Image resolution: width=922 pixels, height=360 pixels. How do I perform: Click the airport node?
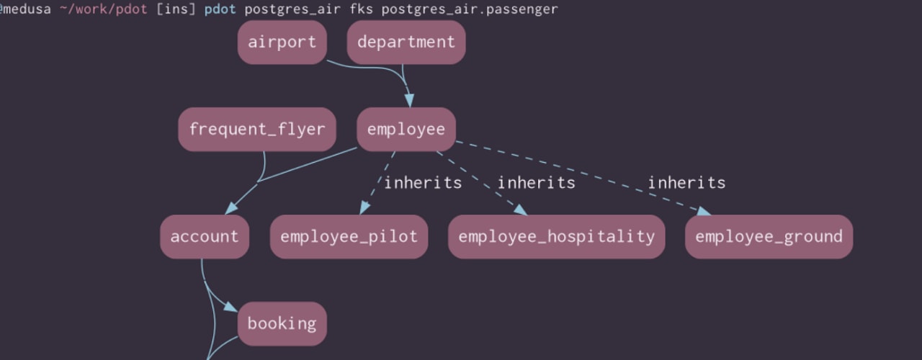tap(282, 42)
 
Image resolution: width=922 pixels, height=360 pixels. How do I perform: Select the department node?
tap(406, 42)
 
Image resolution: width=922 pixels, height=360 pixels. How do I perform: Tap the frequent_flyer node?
tap(257, 130)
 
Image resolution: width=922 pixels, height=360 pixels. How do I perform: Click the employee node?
tap(406, 130)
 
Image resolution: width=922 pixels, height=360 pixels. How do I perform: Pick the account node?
tap(205, 236)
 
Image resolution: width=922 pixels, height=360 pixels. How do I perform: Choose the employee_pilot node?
tap(349, 236)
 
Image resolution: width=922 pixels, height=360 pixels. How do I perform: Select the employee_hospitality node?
tap(556, 236)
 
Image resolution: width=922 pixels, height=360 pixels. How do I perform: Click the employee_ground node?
tap(769, 236)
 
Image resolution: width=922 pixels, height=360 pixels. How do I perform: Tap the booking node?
tap(282, 323)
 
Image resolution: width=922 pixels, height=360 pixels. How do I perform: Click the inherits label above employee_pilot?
tap(422, 183)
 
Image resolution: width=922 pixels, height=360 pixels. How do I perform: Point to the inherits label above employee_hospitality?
tap(536, 183)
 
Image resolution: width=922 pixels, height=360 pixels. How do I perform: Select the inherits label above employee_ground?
tap(686, 183)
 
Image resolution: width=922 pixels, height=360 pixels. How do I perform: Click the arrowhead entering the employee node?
tap(408, 100)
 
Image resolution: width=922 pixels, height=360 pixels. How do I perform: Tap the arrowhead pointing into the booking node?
tap(230, 307)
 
